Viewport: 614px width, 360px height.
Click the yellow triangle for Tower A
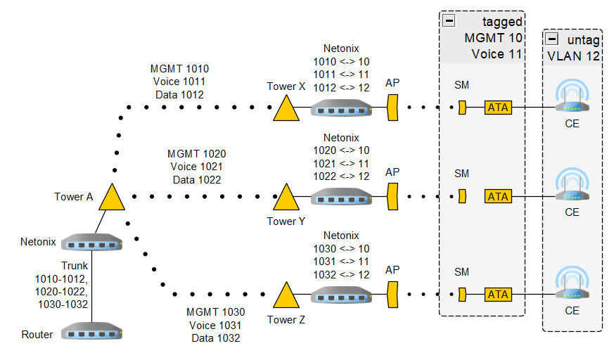(112, 198)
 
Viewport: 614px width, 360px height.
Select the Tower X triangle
(285, 110)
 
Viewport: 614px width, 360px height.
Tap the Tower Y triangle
(285, 199)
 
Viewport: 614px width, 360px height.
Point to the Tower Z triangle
(285, 297)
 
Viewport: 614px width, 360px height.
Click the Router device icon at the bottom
(92, 331)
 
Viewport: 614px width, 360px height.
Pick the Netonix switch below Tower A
(92, 243)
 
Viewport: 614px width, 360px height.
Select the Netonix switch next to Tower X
(341, 108)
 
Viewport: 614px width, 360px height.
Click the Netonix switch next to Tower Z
(341, 294)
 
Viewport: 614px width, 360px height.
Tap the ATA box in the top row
(498, 108)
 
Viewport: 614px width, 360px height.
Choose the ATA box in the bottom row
(498, 295)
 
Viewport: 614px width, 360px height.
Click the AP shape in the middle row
(392, 197)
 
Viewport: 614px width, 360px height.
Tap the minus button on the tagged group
(449, 21)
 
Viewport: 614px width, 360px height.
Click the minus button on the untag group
(552, 39)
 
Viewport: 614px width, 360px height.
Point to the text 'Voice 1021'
(196, 167)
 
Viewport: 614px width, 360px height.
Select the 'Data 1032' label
(216, 338)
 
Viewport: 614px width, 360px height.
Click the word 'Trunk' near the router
(75, 266)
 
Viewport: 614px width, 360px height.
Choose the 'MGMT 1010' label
(179, 69)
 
